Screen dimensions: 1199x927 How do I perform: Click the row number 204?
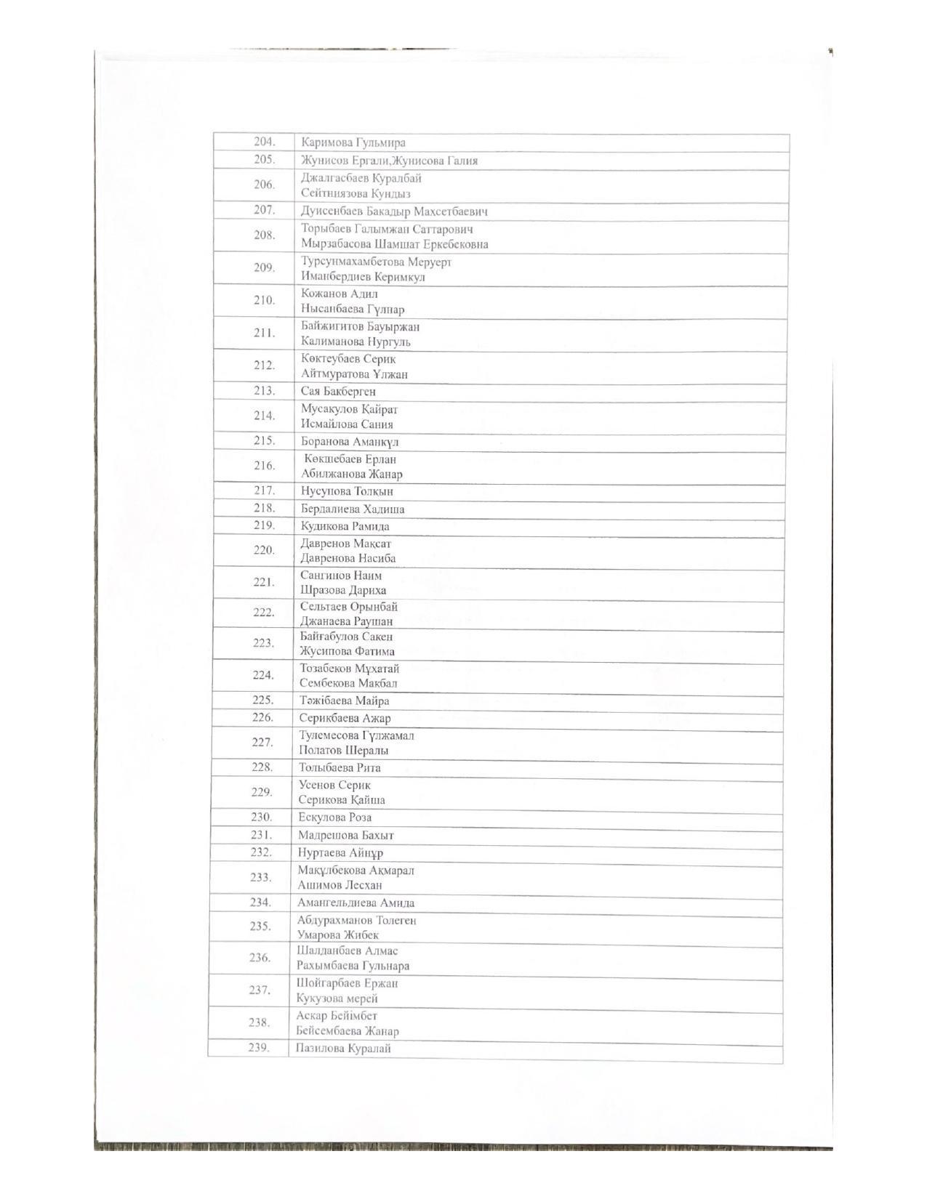coord(264,142)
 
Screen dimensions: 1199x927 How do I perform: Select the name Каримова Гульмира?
coord(353,142)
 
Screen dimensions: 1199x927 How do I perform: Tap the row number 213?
coord(264,391)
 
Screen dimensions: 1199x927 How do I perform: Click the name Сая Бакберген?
coord(338,392)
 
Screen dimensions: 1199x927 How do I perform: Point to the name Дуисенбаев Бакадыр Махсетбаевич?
coord(394,211)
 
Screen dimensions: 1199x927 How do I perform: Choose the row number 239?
coord(258,1047)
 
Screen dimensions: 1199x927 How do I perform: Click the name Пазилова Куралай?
coord(343,1049)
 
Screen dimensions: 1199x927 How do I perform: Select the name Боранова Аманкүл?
coord(350,442)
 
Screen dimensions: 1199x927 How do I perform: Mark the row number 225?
coord(262,700)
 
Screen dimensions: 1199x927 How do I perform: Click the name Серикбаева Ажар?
coord(345,718)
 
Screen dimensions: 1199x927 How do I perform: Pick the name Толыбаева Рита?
coord(340,767)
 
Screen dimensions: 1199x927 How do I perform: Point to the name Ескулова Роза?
coord(334,817)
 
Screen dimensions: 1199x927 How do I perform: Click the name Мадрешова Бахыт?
coord(345,836)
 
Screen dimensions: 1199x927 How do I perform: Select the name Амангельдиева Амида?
coord(356,903)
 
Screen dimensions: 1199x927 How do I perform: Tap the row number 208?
coord(264,235)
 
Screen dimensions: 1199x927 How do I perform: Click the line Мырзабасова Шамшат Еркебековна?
coord(395,245)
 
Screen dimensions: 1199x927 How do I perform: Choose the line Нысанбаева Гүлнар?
coord(353,310)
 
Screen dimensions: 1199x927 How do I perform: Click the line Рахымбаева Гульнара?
coord(353,966)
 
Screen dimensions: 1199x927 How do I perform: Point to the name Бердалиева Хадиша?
coord(353,509)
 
